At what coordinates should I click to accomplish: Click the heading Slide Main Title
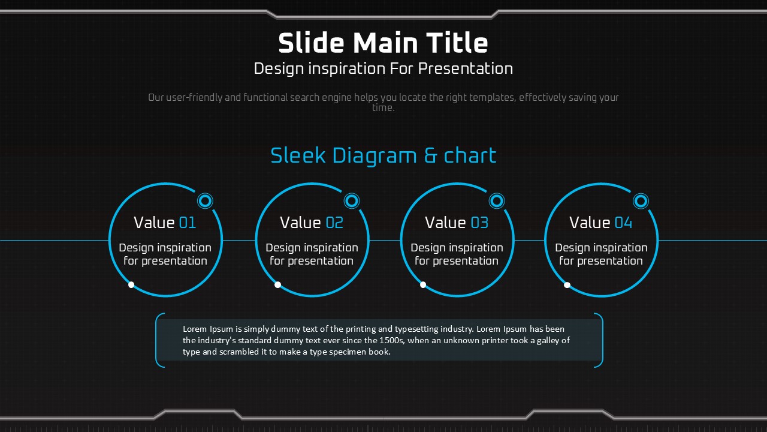pos(383,43)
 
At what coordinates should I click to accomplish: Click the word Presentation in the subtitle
pos(466,68)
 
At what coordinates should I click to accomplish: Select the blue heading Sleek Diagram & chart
pos(383,156)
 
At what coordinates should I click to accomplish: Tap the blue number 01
pos(188,223)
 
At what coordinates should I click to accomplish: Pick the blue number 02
pos(334,223)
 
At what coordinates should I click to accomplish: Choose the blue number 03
pos(479,223)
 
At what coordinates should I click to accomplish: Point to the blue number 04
pos(624,223)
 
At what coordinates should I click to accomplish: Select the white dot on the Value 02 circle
pos(277,284)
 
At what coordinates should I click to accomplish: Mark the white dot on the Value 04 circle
pos(567,285)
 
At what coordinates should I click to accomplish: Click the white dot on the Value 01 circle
pos(131,284)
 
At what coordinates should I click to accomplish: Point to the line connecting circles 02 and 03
pos(385,241)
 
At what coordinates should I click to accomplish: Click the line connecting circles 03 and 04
pos(529,241)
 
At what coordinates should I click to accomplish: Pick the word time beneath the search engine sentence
pos(383,108)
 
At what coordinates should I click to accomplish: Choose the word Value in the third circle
pos(445,223)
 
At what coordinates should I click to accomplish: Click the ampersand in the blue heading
pos(430,156)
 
